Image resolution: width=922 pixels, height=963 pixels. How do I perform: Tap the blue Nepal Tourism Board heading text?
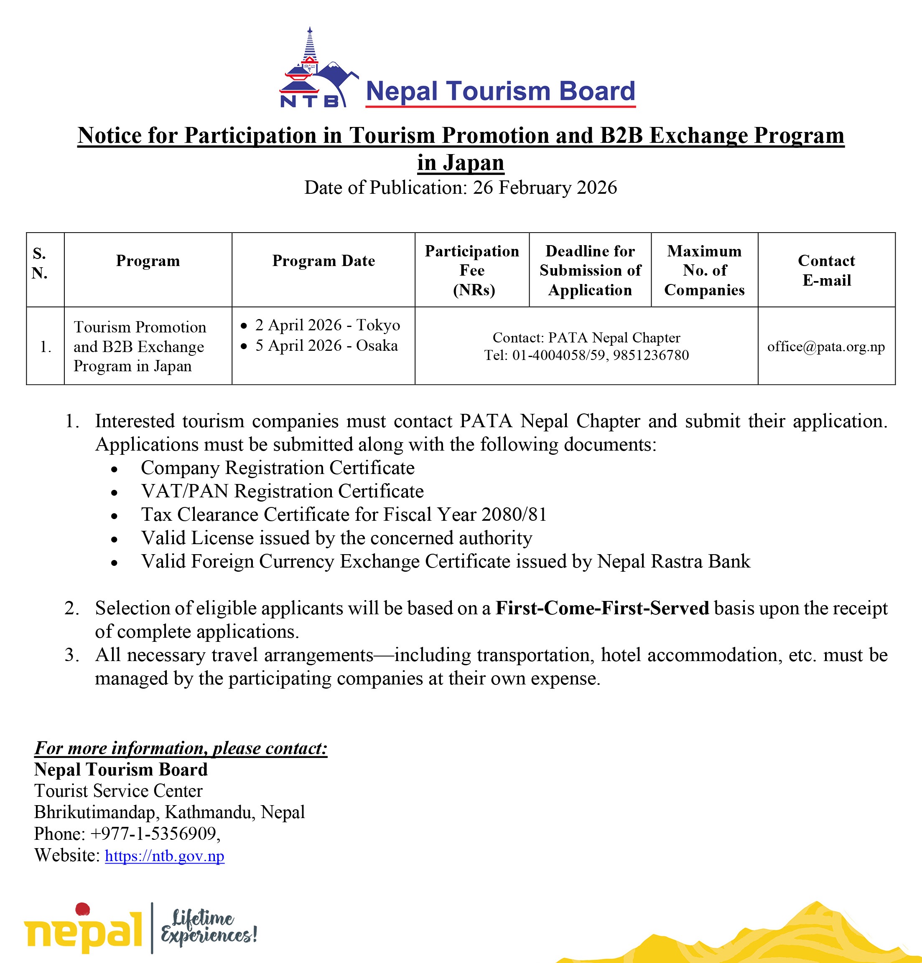coord(500,91)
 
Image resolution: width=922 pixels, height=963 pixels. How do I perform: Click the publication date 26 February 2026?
coord(545,188)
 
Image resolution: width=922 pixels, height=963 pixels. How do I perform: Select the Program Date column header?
coord(323,261)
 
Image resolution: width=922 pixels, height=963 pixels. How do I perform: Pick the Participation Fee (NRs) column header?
coord(472,270)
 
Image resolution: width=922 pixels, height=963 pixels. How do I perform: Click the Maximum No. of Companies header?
coord(704,270)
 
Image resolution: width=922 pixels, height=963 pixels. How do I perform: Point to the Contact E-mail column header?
coord(826,270)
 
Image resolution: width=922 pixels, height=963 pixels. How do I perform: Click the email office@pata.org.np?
coord(826,347)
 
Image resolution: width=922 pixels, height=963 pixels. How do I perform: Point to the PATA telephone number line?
coord(586,355)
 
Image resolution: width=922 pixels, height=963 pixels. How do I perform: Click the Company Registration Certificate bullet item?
coord(277,468)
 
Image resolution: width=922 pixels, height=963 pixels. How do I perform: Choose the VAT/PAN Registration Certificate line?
coord(282,491)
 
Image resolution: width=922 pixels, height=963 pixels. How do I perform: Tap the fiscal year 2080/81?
coord(514,514)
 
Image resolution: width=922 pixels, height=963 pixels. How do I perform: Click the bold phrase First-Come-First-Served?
coord(602,608)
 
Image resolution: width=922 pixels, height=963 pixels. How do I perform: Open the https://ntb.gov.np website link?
coord(165,856)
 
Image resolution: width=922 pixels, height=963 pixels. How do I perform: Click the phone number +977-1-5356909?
coord(153,834)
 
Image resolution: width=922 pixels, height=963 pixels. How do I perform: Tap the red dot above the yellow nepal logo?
coord(83,909)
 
